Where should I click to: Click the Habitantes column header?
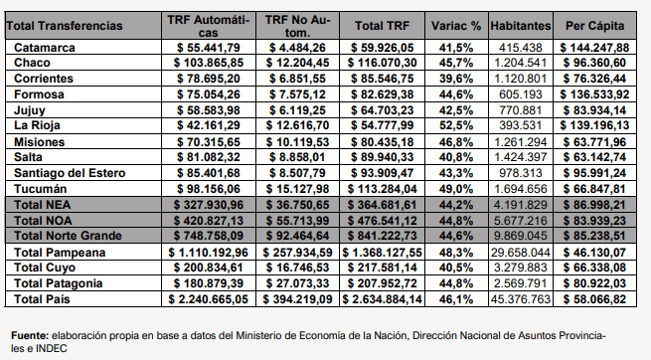click(521, 26)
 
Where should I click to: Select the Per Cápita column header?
click(594, 26)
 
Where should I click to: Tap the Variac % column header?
click(456, 26)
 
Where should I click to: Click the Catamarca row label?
click(45, 48)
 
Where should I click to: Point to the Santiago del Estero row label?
click(70, 173)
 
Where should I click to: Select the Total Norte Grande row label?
click(68, 236)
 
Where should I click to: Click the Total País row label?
click(42, 299)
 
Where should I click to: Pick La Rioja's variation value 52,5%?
click(456, 125)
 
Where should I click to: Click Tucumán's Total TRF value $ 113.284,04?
click(382, 189)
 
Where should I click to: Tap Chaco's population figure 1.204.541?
click(521, 63)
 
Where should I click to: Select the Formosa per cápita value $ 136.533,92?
click(594, 94)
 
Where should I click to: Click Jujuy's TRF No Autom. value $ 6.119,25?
click(297, 110)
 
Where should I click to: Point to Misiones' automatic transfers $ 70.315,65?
click(209, 142)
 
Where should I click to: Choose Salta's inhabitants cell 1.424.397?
click(521, 157)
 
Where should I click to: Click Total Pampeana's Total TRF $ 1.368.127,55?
click(382, 253)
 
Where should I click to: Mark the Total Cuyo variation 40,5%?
click(456, 268)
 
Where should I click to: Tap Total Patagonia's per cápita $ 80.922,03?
click(594, 283)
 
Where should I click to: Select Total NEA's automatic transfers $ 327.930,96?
click(209, 205)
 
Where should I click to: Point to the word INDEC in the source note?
click(51, 348)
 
